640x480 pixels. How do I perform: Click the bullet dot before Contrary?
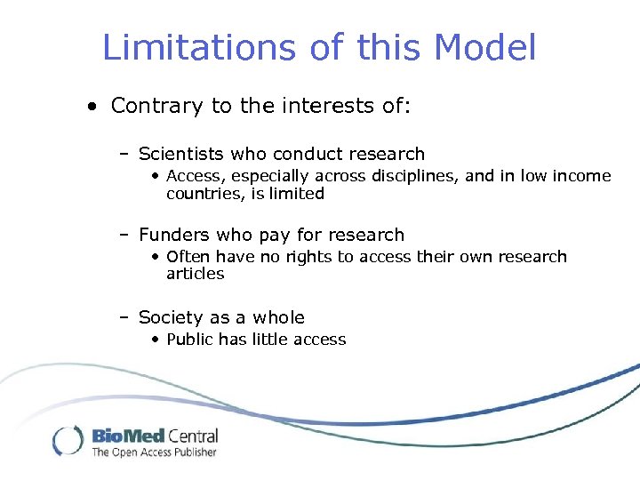92,108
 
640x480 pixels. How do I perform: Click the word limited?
297,193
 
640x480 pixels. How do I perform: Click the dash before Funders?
125,236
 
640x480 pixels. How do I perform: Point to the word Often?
187,257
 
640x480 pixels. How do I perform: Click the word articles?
196,274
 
